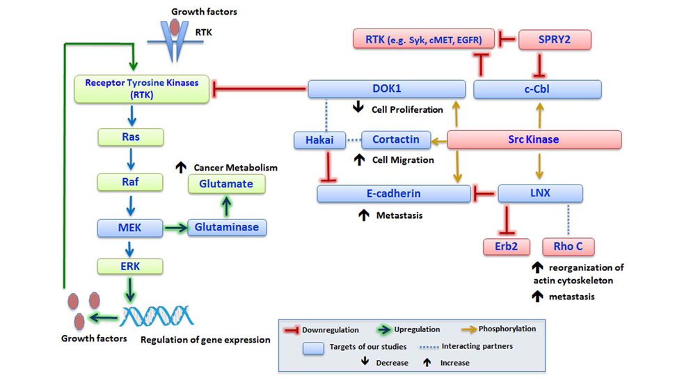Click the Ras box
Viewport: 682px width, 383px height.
[x=131, y=137]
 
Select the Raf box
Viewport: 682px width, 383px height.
[x=131, y=182]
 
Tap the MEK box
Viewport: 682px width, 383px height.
[x=129, y=228]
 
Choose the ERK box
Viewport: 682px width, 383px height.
[x=131, y=266]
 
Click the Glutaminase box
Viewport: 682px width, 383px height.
[x=227, y=228]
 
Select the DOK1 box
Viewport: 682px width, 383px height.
[x=387, y=88]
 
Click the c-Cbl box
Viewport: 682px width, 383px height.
[x=537, y=88]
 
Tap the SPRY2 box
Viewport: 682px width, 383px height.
[x=555, y=40]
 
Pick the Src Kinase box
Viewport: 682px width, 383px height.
[x=534, y=139]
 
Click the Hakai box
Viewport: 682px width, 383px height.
[x=319, y=140]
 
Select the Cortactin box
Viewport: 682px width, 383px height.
[x=396, y=140]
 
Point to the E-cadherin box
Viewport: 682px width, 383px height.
[x=394, y=193]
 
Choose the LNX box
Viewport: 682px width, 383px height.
[x=540, y=193]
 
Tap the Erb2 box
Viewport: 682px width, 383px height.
[x=507, y=247]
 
